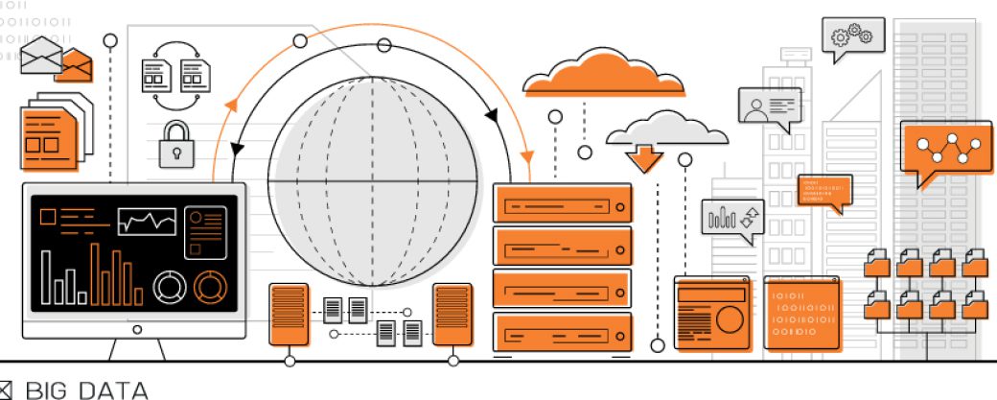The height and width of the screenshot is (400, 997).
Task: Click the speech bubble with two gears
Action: (x=852, y=36)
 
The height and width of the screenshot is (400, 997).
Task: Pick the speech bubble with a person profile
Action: (x=769, y=106)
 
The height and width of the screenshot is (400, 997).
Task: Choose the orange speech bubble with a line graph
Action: (x=945, y=147)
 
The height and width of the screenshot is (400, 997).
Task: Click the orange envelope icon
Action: (x=77, y=64)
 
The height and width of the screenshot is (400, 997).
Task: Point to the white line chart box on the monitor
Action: (x=147, y=222)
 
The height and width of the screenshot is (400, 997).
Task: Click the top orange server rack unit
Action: (x=563, y=204)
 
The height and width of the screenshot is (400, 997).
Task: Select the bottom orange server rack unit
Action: (x=563, y=333)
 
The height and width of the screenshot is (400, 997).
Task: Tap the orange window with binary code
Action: (x=802, y=313)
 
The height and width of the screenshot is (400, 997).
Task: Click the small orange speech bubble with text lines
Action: (x=823, y=191)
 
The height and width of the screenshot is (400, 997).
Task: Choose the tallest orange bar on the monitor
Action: (x=95, y=272)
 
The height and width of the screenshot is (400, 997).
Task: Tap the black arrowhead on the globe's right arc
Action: (x=492, y=116)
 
